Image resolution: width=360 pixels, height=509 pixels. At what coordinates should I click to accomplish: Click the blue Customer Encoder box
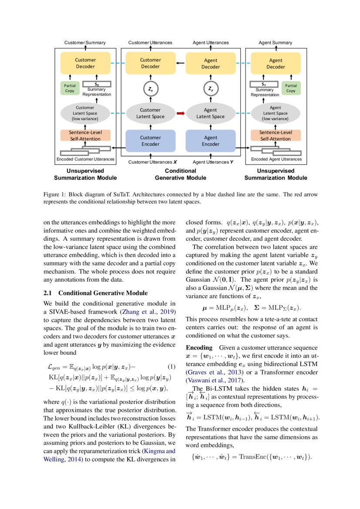click(150, 141)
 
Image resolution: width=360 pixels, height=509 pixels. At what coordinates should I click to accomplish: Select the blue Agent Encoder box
click(210, 141)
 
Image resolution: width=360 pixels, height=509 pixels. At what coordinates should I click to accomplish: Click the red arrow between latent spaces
click(180, 114)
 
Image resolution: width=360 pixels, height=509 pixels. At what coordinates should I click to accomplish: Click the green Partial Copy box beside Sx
click(70, 88)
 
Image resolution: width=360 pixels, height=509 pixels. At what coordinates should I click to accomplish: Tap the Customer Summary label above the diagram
click(85, 43)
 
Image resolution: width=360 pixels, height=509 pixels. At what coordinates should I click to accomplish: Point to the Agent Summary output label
click(275, 43)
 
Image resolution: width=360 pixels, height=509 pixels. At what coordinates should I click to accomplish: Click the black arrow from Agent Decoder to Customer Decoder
click(180, 64)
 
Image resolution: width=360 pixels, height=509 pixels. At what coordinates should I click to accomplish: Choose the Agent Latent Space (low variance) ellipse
click(275, 113)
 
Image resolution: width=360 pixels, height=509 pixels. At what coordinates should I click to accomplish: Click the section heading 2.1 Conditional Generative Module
click(96, 293)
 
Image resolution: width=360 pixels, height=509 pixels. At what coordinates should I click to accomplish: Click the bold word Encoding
click(199, 348)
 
